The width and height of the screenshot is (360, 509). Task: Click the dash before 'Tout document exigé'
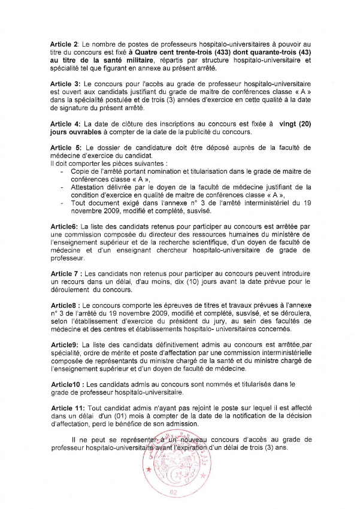pos(63,202)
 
